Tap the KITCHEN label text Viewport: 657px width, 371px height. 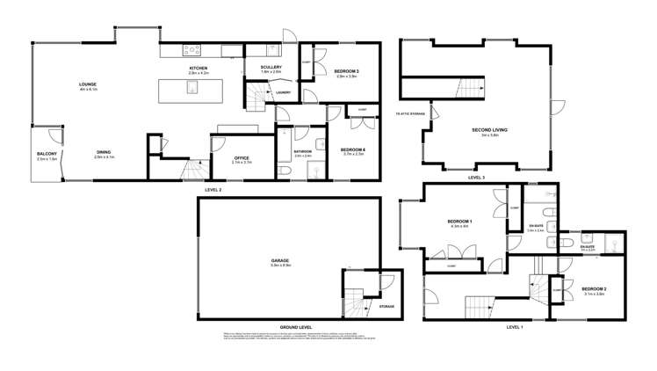[199, 69]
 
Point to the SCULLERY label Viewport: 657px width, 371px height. [271, 69]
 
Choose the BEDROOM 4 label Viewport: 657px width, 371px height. [351, 149]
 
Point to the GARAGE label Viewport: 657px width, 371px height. [280, 261]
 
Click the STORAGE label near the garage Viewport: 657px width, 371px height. [386, 306]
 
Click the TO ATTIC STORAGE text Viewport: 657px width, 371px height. [408, 114]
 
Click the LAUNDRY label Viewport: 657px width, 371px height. [283, 91]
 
